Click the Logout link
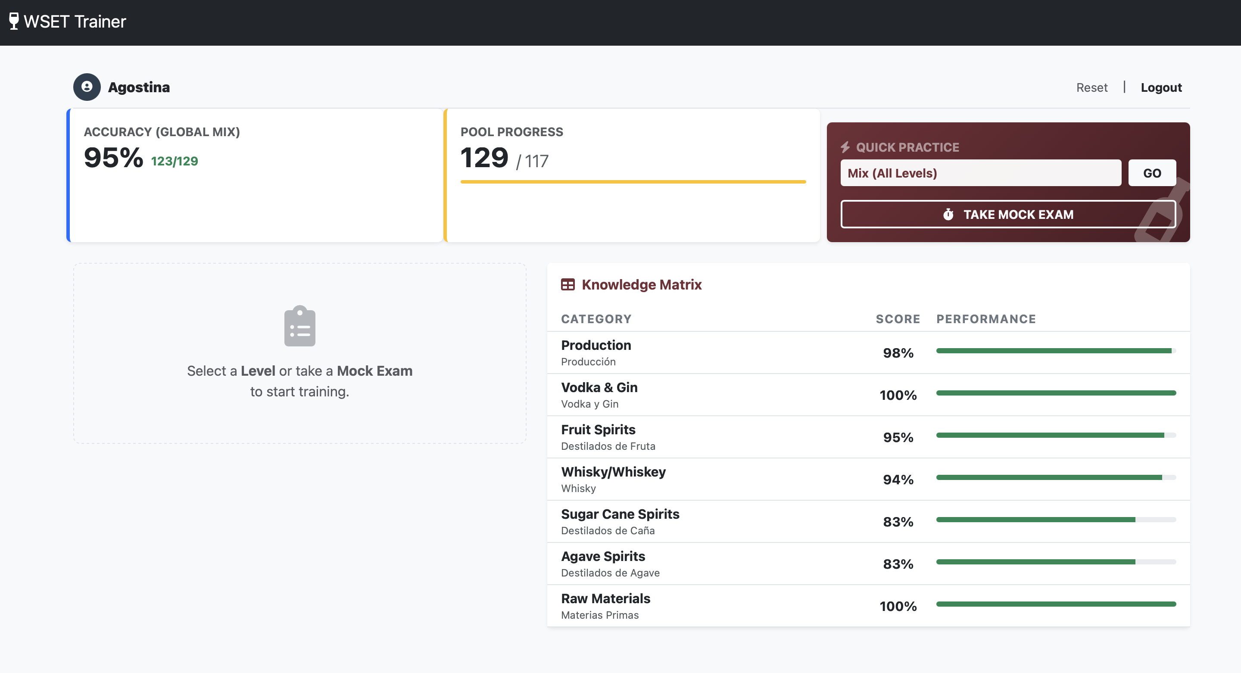coord(1160,87)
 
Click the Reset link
coord(1091,87)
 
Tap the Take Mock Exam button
coord(1008,215)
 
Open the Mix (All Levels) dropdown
coord(980,173)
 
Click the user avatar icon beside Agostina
coord(87,87)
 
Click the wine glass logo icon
coord(14,21)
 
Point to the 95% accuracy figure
coord(113,158)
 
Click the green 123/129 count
coord(175,161)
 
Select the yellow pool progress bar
coord(633,182)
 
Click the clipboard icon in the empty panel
coord(299,326)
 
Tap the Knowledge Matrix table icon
coord(567,285)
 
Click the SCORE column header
coord(898,319)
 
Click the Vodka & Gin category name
coord(599,387)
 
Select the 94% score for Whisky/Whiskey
coord(898,480)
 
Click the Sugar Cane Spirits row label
coord(620,514)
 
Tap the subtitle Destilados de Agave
coord(610,573)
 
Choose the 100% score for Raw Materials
coord(898,606)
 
